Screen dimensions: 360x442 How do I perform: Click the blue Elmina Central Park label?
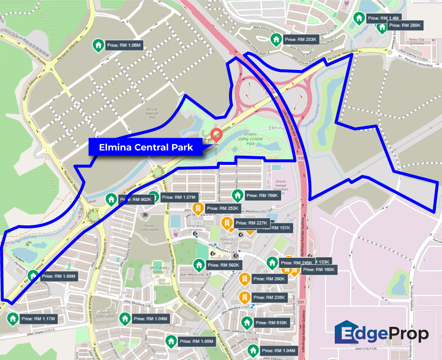pyautogui.click(x=145, y=147)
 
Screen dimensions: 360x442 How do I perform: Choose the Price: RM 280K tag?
pyautogui.click(x=404, y=25)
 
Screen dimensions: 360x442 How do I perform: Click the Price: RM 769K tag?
pyautogui.click(x=262, y=196)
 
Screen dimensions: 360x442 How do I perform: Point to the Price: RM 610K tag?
pyautogui.click(x=272, y=323)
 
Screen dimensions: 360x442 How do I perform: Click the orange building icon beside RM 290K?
pyautogui.click(x=244, y=279)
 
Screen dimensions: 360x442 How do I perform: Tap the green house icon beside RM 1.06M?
pyautogui.click(x=98, y=45)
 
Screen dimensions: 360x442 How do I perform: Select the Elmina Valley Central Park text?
pyautogui.click(x=250, y=139)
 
